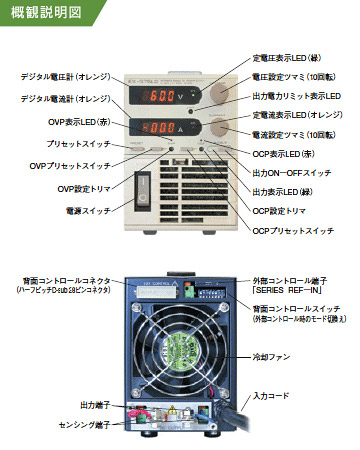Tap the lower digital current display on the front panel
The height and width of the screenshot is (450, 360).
point(162,126)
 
